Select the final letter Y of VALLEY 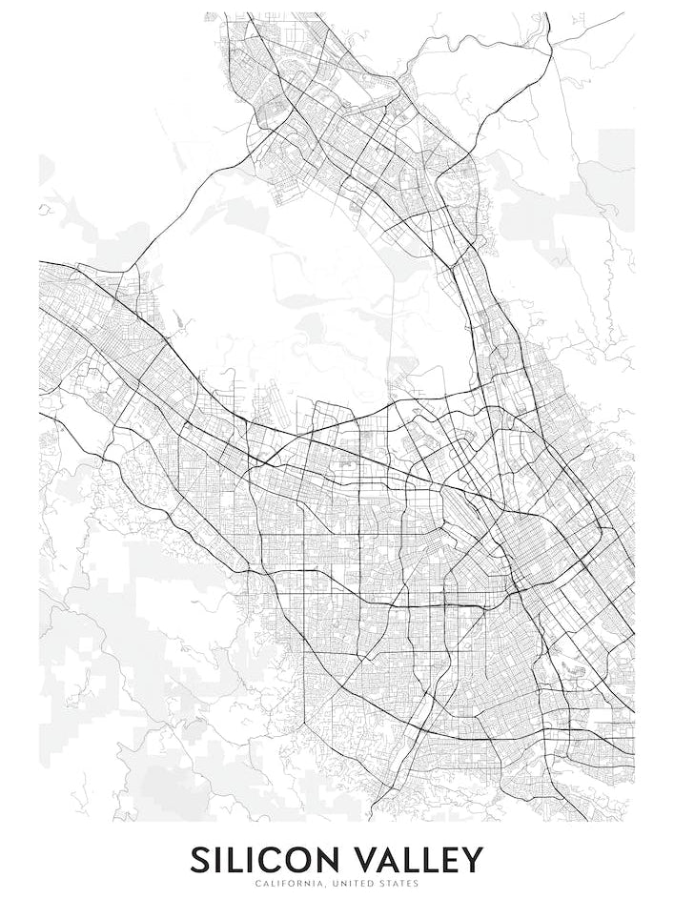(x=471, y=860)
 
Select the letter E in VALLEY (x=448, y=860)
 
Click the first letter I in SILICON (x=219, y=860)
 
